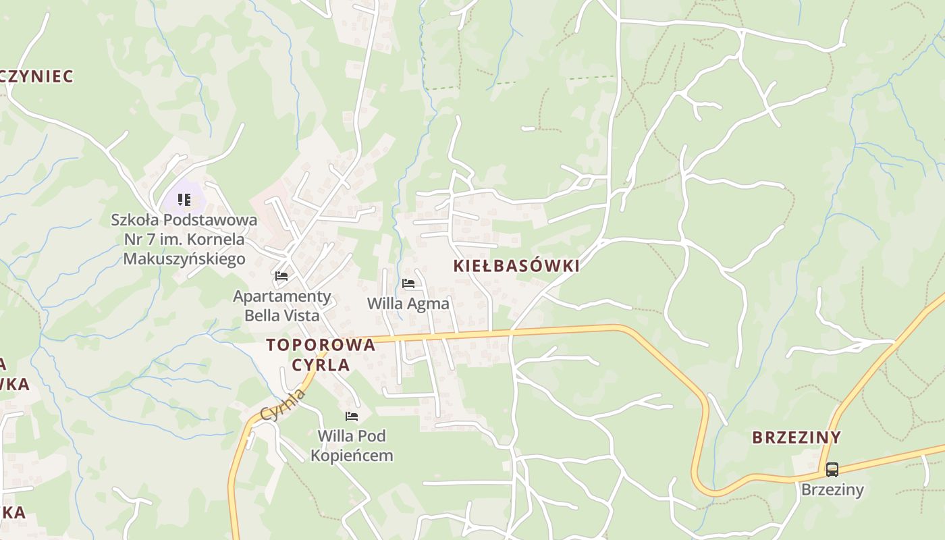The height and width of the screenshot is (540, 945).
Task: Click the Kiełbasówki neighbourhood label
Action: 516,266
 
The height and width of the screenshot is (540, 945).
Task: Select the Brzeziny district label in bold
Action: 796,437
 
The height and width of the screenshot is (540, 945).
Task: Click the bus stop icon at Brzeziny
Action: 832,469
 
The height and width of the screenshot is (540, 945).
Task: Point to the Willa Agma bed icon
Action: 408,283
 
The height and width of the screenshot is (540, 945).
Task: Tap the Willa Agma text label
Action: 408,304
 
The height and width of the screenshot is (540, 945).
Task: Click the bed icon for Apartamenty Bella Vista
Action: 281,276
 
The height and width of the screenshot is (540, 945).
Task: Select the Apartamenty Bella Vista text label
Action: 282,305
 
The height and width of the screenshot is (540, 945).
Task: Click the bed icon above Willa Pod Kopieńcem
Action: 351,416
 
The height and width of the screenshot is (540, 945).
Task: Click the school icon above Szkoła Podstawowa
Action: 184,200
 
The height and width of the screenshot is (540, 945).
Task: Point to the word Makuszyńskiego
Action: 184,259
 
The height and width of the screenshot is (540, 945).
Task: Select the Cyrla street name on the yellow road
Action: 283,404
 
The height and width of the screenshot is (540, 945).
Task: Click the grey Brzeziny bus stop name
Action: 832,489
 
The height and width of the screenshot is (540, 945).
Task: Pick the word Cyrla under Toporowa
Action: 321,365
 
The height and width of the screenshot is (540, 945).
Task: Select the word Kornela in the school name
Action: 219,239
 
